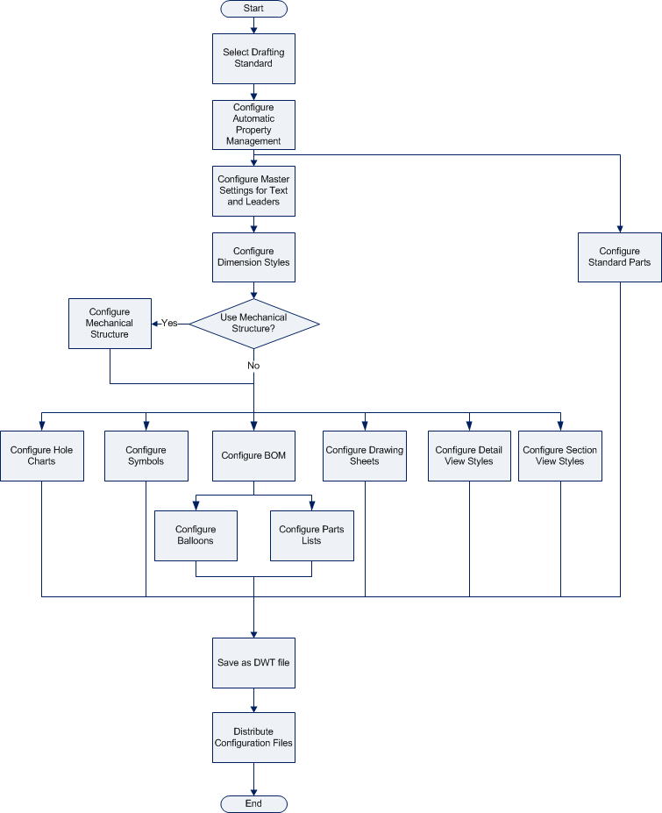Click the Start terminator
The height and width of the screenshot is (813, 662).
(253, 9)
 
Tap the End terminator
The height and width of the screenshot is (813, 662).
(253, 803)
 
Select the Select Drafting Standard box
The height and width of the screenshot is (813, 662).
(253, 58)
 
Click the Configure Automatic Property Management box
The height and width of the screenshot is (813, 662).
(253, 125)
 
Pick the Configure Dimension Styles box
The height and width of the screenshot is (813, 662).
(253, 257)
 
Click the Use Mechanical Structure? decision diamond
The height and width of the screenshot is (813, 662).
(254, 323)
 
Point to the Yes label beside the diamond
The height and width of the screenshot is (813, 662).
(169, 323)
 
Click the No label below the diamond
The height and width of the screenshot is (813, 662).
(253, 365)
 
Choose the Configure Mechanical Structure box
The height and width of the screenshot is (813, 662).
(110, 323)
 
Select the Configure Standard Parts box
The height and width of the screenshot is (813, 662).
(620, 257)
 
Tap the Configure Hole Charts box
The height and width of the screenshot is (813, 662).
(42, 456)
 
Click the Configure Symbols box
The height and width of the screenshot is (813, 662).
(146, 456)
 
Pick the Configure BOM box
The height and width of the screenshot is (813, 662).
(253, 456)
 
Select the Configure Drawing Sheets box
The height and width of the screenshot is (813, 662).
(365, 456)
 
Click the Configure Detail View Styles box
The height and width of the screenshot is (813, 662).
(469, 456)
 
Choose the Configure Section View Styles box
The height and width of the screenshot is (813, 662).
(560, 456)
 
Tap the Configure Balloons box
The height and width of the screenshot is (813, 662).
(196, 535)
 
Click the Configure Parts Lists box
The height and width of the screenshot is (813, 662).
(311, 535)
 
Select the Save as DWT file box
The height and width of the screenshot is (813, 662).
(253, 663)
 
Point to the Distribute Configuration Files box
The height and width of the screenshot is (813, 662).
(253, 738)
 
